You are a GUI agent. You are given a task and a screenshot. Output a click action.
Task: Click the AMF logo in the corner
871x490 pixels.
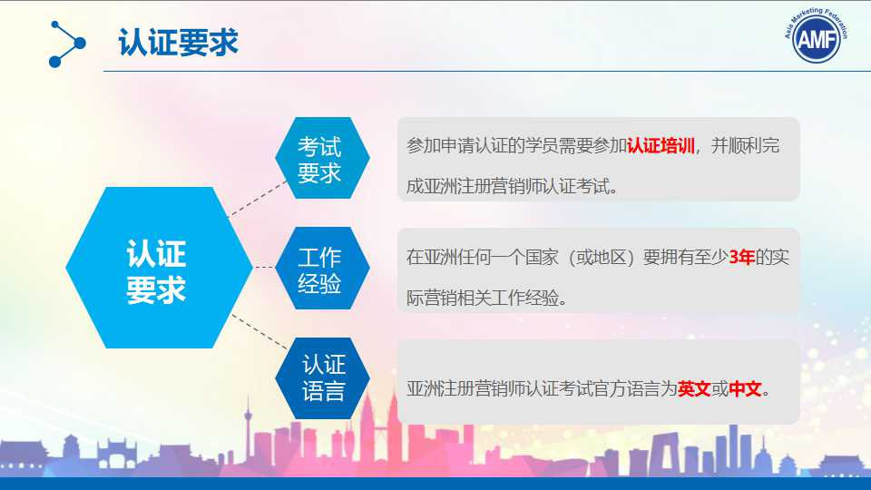click(x=816, y=35)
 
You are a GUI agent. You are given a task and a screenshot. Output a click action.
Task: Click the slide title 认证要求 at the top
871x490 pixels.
click(x=179, y=43)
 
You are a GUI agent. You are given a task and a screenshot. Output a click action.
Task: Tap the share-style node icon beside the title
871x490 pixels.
click(x=67, y=44)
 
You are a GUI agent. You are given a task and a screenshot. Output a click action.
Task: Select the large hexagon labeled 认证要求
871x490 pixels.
click(x=159, y=267)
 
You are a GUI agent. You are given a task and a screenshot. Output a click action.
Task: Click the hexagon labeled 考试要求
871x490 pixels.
click(x=322, y=158)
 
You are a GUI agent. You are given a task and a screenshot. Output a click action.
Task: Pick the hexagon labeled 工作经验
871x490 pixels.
click(x=322, y=268)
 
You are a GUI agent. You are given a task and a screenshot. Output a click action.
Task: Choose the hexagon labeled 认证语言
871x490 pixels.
click(x=322, y=377)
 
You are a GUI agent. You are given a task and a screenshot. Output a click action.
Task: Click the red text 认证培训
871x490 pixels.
click(x=661, y=146)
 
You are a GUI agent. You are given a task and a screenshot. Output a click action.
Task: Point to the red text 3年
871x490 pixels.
click(x=742, y=257)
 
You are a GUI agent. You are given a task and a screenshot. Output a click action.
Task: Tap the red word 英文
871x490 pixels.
click(x=694, y=388)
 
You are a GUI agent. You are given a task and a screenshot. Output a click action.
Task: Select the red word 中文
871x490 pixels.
click(x=745, y=388)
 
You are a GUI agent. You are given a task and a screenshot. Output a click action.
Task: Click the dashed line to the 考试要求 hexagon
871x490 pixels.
click(x=257, y=199)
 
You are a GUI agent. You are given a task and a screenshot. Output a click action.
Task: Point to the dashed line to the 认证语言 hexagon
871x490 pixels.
click(x=259, y=332)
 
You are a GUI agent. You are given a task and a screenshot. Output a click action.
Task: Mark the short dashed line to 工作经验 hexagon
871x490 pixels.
click(x=264, y=267)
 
